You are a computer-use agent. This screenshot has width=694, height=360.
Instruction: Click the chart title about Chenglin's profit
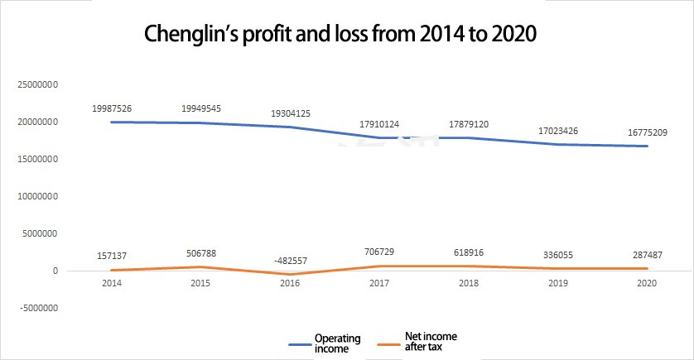(341, 34)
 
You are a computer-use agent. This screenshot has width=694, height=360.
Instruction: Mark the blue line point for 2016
(291, 127)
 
